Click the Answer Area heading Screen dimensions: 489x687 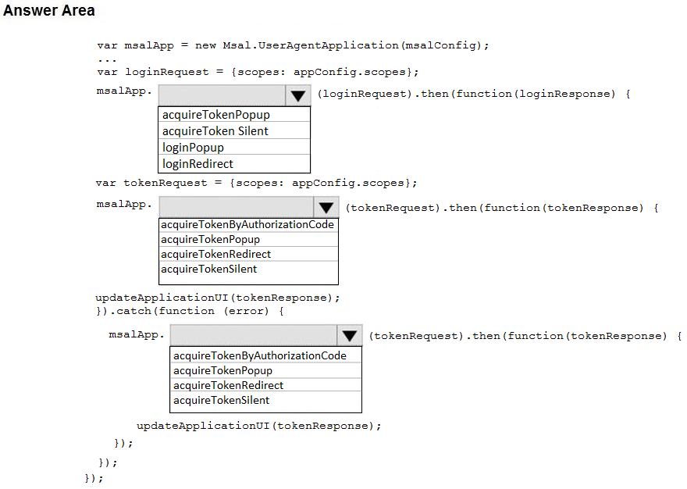(x=49, y=11)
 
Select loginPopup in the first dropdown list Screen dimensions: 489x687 (x=193, y=148)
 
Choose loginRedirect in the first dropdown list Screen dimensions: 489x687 (x=198, y=164)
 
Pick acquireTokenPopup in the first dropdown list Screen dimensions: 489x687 (x=215, y=115)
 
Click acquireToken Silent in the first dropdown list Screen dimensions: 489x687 (x=215, y=131)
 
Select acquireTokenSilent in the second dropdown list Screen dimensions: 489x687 (x=208, y=269)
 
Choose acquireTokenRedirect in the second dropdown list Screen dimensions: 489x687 (x=215, y=255)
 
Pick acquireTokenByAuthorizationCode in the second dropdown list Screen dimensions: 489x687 (x=247, y=225)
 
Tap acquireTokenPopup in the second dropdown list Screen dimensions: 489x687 (x=210, y=240)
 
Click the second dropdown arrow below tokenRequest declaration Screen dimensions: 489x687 (x=326, y=208)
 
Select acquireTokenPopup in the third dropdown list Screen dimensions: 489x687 (x=222, y=371)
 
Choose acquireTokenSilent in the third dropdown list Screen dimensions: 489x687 (x=221, y=401)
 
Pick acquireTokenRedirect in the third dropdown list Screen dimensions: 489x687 (x=228, y=386)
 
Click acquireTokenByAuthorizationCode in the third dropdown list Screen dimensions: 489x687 (x=259, y=356)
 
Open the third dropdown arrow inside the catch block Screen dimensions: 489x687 (x=349, y=336)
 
